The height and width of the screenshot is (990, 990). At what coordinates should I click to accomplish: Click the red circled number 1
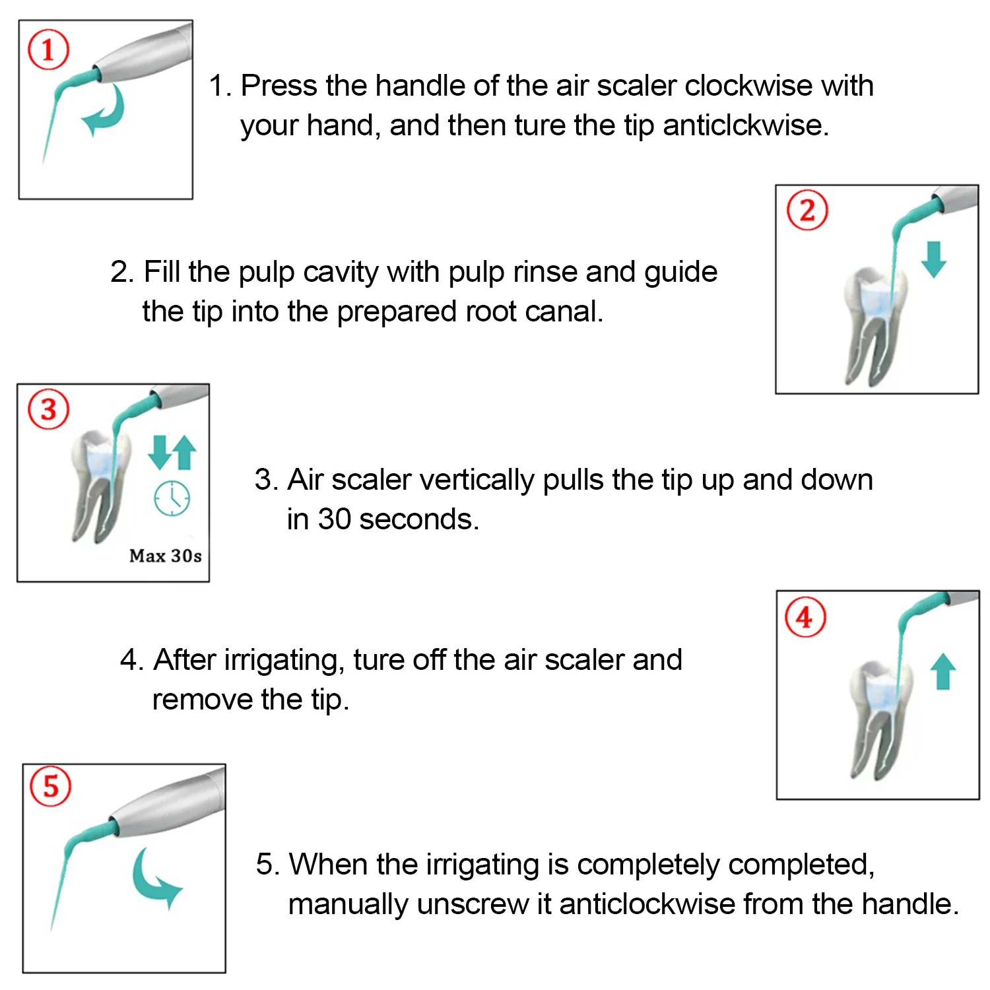click(x=48, y=49)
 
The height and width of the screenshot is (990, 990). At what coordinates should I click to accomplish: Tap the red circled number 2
click(x=807, y=210)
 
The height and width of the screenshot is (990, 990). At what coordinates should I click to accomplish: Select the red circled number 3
click(x=48, y=409)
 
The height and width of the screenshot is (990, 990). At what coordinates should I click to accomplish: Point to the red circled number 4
click(x=805, y=617)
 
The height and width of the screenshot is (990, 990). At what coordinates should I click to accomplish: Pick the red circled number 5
click(x=51, y=785)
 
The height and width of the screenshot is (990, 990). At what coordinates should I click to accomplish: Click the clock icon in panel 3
click(x=172, y=498)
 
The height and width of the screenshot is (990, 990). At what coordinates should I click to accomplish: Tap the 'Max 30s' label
click(x=166, y=556)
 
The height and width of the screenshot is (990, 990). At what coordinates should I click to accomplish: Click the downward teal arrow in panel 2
click(x=933, y=259)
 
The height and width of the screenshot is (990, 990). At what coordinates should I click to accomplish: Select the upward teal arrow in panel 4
click(x=943, y=671)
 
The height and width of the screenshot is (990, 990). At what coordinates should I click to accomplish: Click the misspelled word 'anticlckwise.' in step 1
click(x=746, y=125)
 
